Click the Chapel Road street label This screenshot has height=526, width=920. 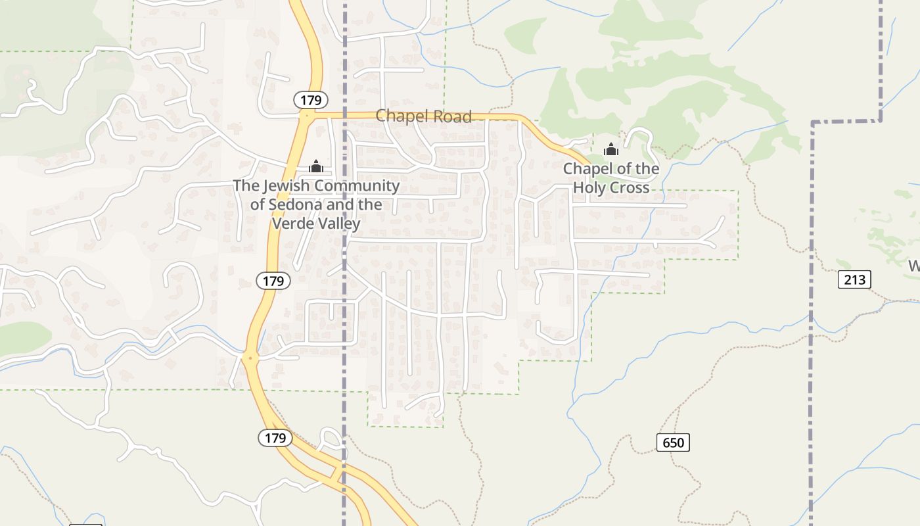423,116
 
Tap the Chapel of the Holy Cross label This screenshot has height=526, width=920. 611,178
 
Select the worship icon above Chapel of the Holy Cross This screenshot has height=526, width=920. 611,150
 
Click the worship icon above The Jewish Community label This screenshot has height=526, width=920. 316,166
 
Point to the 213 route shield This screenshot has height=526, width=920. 854,279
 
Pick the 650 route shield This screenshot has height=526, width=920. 673,442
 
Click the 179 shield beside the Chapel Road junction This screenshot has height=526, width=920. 310,100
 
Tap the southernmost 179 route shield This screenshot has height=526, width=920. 275,437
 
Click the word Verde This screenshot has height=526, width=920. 291,224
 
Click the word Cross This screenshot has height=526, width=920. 629,188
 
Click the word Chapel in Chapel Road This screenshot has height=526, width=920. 398,116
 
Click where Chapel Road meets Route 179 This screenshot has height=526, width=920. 306,114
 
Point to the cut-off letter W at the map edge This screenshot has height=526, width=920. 914,266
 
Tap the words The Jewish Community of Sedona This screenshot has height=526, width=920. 316,195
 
